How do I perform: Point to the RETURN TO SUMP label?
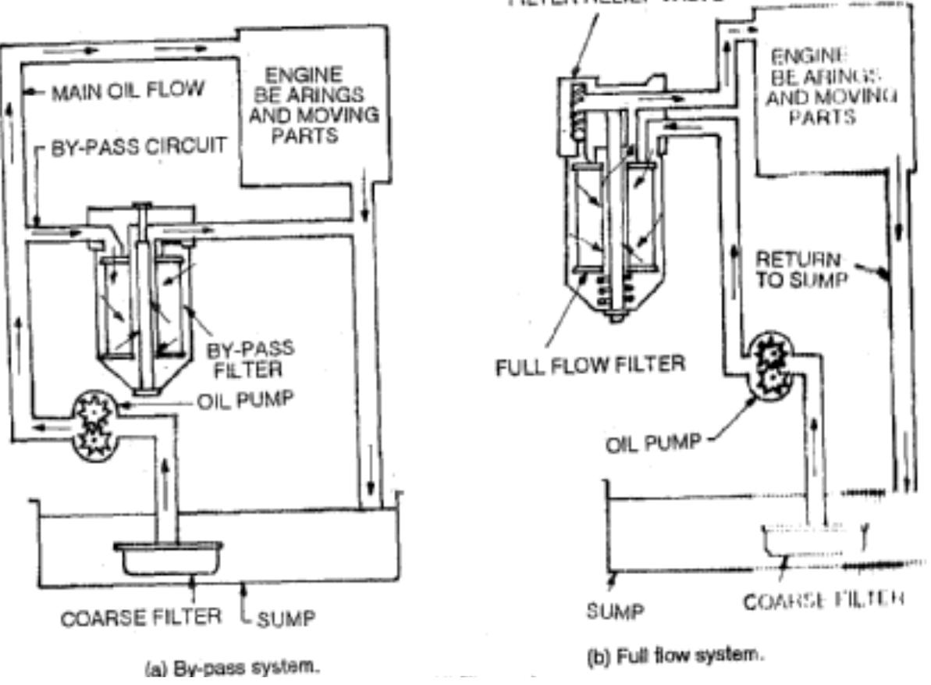click(801, 269)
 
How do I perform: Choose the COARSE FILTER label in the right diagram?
click(823, 601)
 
